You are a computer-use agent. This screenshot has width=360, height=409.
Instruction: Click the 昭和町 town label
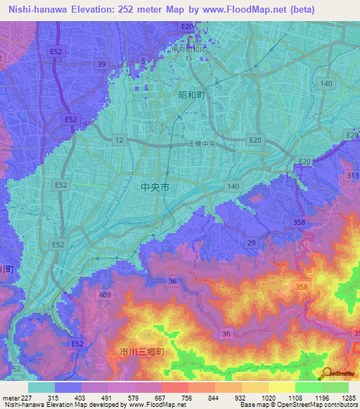191,94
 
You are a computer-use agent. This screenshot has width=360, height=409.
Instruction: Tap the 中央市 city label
155,188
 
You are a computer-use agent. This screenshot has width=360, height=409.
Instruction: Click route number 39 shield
102,64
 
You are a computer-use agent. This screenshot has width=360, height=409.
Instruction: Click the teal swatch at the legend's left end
41,387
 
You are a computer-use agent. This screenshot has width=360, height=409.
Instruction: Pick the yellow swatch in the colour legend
281,387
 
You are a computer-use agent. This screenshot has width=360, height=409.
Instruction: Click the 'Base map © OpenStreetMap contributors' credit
297,405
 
